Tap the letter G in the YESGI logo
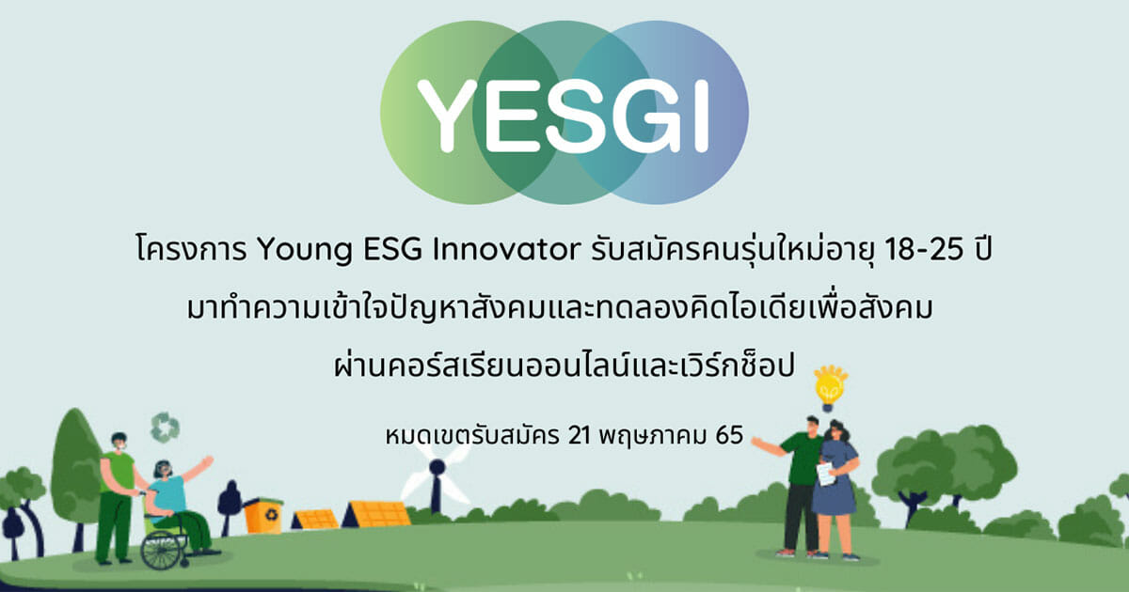(x=654, y=116)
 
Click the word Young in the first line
(x=305, y=250)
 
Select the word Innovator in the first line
(x=506, y=249)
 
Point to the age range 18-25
(x=924, y=249)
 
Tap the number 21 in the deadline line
(x=579, y=435)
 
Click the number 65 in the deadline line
(x=729, y=435)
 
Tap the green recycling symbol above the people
(x=166, y=428)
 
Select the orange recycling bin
(x=262, y=515)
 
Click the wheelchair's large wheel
(x=161, y=550)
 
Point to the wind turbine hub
(x=437, y=468)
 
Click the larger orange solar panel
(x=376, y=514)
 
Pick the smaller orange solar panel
(x=315, y=520)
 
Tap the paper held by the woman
(x=826, y=474)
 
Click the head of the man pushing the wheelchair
(x=119, y=442)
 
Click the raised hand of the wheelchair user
(x=207, y=461)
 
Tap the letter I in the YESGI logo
(x=702, y=116)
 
